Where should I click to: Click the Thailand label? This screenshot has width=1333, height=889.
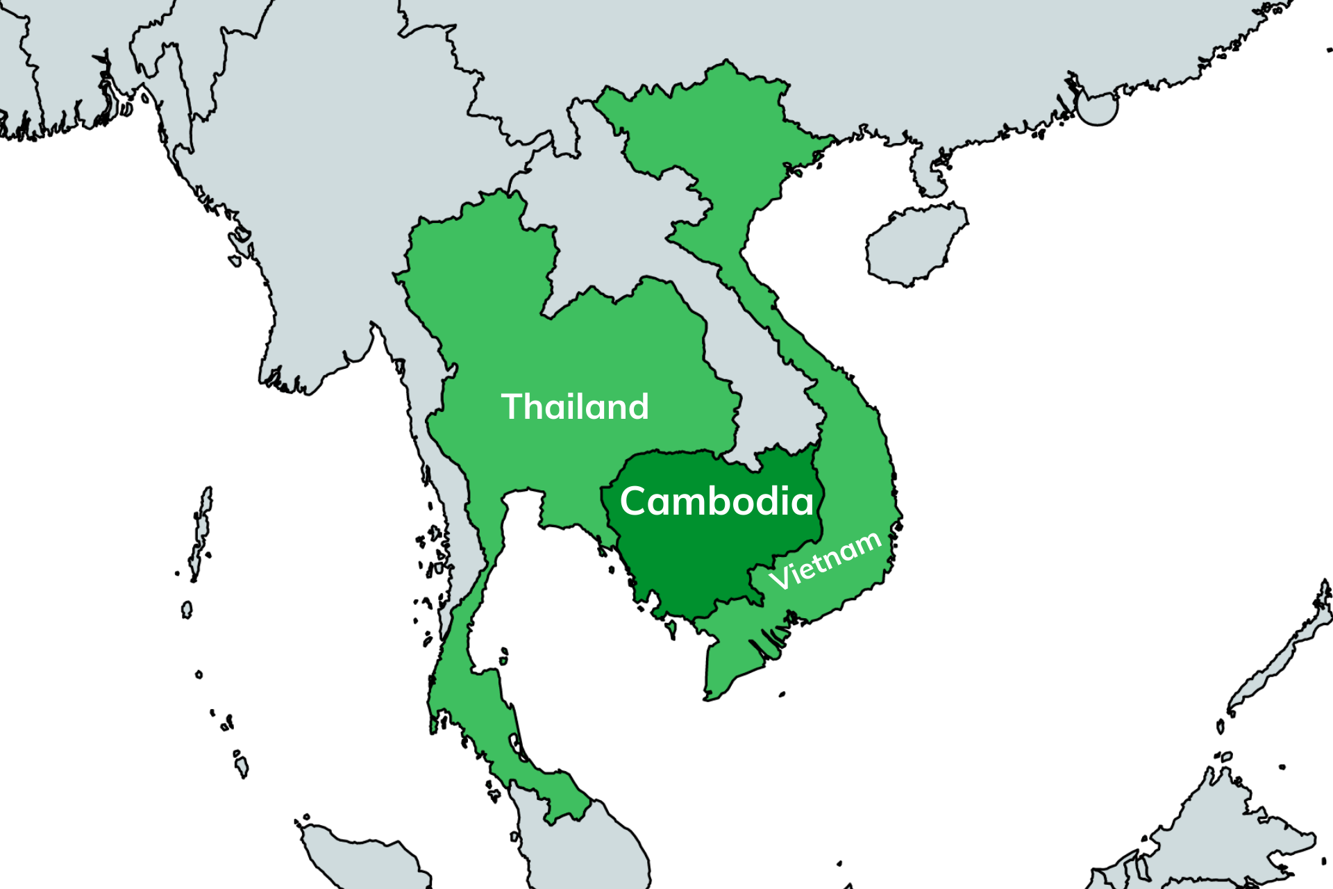575,406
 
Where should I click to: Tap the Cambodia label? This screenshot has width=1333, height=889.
716,501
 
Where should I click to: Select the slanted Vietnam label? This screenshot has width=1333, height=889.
825,561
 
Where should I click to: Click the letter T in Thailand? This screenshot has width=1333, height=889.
514,406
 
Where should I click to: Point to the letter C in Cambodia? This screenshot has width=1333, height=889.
635,501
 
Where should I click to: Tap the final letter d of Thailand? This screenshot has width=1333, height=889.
638,406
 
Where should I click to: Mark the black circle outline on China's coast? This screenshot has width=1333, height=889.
1097,108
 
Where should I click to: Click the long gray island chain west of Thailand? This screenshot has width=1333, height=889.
201,528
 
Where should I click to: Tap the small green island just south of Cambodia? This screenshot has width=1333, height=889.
671,629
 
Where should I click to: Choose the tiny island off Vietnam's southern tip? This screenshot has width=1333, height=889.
782,694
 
